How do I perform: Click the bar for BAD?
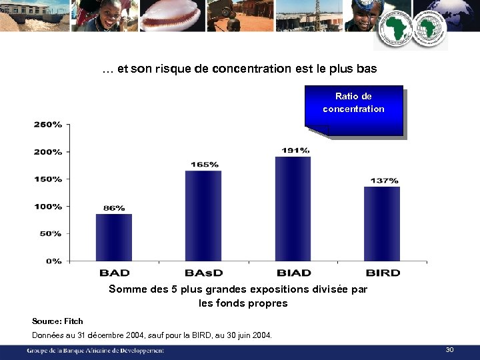(114, 237)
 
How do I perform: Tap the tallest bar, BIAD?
(293, 208)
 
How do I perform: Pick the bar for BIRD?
(382, 223)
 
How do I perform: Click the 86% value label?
(113, 208)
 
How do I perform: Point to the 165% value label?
(204, 164)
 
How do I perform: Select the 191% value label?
(295, 150)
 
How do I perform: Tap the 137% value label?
(384, 181)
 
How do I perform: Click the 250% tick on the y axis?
(48, 125)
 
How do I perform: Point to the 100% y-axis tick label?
(48, 207)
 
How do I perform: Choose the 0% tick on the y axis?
(54, 261)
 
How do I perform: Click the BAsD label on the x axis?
(204, 273)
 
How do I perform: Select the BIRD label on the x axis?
(383, 273)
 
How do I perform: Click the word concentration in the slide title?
(252, 69)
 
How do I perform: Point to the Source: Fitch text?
(57, 321)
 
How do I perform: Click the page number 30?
(449, 350)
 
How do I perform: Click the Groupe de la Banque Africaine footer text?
(95, 351)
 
